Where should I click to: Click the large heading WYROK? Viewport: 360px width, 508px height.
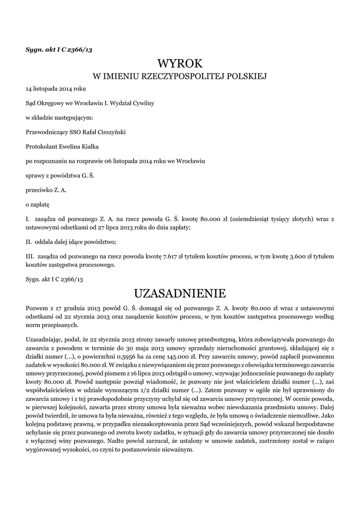click(180, 63)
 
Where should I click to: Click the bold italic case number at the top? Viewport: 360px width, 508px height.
click(55, 51)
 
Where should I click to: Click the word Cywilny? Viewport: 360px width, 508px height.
click(143, 103)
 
